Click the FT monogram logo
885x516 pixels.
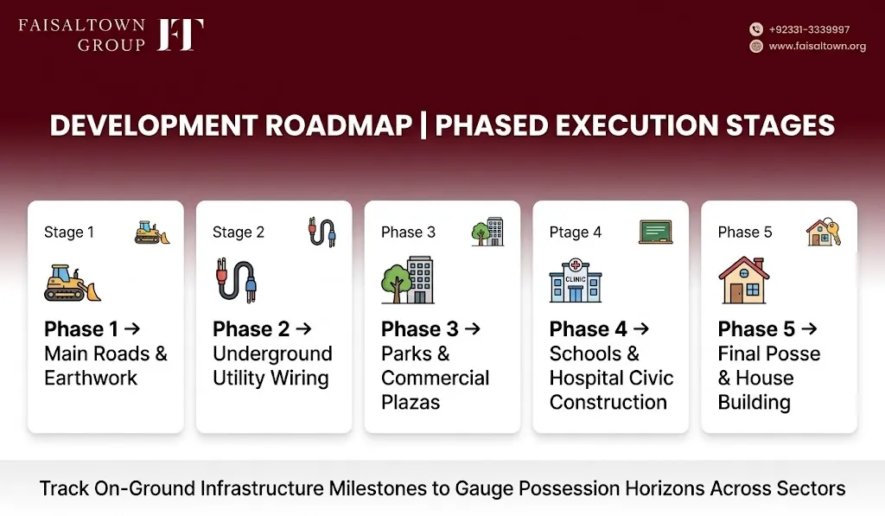180,35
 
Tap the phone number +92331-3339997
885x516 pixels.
809,29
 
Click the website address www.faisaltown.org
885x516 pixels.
817,47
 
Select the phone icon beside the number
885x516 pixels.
755,29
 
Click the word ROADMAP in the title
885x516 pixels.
338,125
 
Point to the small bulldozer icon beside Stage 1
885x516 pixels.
152,232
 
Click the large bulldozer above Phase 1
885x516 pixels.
73,283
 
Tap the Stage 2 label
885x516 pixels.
239,232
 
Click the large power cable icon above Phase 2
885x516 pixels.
237,280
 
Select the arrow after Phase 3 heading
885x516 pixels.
473,328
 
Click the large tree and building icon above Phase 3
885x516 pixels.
408,280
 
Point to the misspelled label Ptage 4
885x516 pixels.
575,232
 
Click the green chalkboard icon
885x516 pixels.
655,232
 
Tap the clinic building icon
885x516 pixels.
575,280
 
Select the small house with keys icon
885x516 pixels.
824,232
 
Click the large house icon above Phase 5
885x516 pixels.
744,280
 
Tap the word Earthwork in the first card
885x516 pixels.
90,378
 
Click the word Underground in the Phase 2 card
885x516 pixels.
272,354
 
